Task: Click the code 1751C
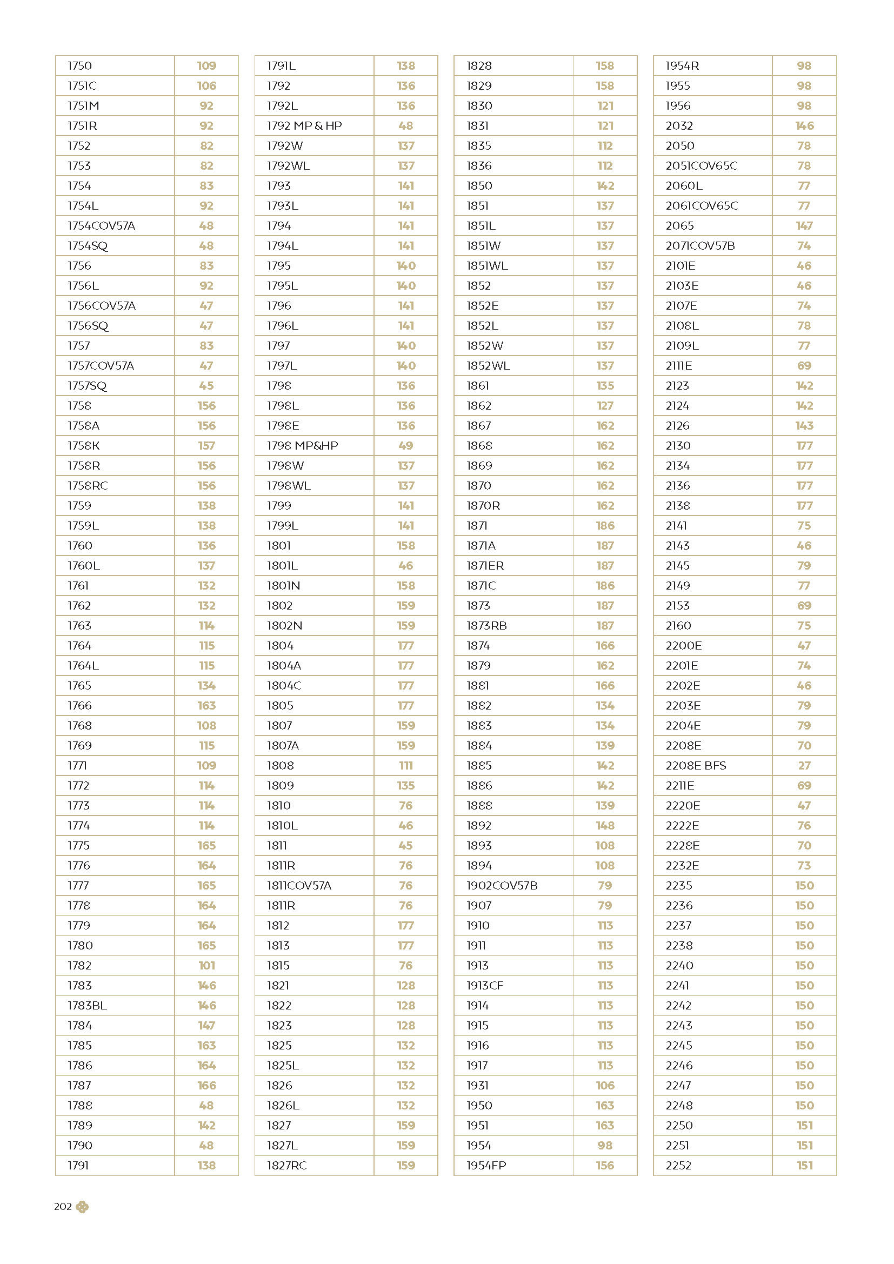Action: click(x=82, y=86)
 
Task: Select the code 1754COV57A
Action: click(x=101, y=226)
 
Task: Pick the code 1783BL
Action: click(x=87, y=1006)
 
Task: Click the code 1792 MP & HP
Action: click(x=304, y=126)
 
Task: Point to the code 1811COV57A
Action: click(x=299, y=886)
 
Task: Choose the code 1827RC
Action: click(x=287, y=1166)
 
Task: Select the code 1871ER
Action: click(x=485, y=566)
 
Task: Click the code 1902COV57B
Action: click(x=502, y=886)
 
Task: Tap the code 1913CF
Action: click(x=484, y=986)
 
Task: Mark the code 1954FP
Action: click(x=486, y=1166)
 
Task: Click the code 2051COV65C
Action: click(x=702, y=166)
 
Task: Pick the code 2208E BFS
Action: click(x=696, y=766)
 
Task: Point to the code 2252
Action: click(x=678, y=1166)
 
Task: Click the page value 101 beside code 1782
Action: click(x=207, y=966)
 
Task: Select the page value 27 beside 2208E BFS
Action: click(x=804, y=766)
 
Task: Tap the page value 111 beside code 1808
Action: click(x=406, y=766)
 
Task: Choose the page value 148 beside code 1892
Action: click(x=605, y=826)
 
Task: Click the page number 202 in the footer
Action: click(x=63, y=1207)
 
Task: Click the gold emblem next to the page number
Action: click(x=82, y=1207)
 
